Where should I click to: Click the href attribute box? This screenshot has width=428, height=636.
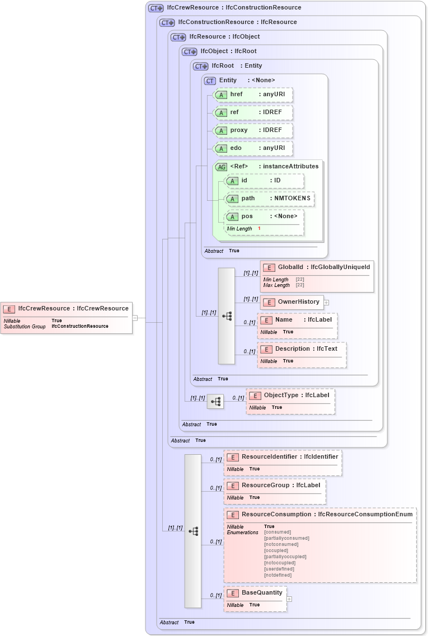(x=253, y=95)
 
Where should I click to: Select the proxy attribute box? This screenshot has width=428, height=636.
(x=253, y=130)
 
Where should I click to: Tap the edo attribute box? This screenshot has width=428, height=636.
(x=253, y=148)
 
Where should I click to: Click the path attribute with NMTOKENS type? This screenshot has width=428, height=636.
(x=269, y=199)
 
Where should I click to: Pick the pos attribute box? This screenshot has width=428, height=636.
(x=264, y=216)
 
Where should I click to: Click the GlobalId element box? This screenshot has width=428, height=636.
(x=316, y=267)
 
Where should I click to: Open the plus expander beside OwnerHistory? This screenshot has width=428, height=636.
(x=326, y=303)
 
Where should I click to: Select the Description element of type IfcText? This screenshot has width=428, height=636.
(x=302, y=349)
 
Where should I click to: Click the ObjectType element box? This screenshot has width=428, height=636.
(x=290, y=395)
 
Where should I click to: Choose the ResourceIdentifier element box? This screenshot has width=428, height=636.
(x=283, y=457)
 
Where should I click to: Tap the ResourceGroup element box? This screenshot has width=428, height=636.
(x=275, y=486)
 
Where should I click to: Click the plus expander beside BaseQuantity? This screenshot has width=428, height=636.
(x=289, y=599)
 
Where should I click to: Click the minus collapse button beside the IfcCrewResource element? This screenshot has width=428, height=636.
(x=135, y=318)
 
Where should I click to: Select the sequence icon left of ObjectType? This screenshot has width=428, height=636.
(x=215, y=402)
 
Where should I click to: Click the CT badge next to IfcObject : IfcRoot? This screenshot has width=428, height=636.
(x=190, y=51)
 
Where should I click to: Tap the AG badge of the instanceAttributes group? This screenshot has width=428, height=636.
(x=222, y=167)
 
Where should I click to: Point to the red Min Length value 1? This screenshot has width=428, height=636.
(x=259, y=229)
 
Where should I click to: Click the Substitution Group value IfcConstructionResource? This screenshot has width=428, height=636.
(x=79, y=326)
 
